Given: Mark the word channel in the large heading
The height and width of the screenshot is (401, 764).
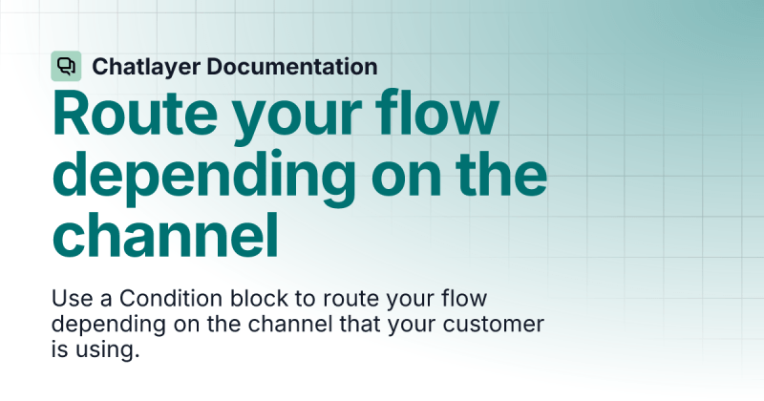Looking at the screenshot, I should coord(167,233).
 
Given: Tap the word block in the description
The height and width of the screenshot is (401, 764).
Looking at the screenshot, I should coord(249,298).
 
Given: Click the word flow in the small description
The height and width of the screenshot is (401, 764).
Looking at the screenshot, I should coord(467,298).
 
